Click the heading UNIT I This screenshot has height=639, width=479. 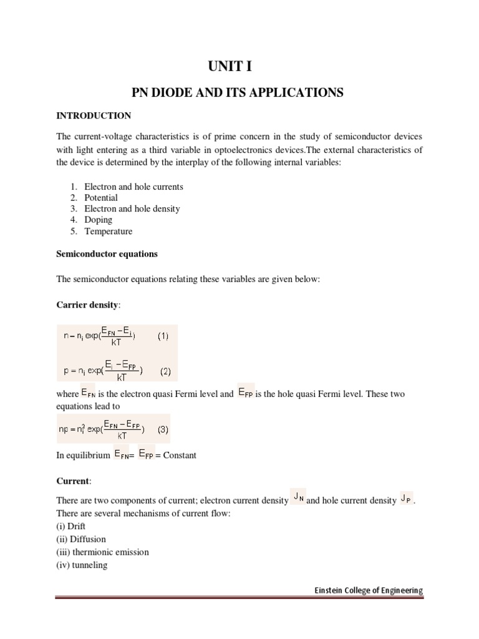click(239, 66)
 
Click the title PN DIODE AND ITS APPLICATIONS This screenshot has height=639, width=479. click(239, 92)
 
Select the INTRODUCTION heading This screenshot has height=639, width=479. click(94, 115)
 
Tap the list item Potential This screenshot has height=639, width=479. click(101, 198)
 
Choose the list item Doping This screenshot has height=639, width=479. click(99, 220)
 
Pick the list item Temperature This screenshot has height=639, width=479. click(109, 231)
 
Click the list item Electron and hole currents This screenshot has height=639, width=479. click(133, 187)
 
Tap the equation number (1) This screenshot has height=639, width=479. click(163, 336)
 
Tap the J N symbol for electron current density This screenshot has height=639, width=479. click(298, 498)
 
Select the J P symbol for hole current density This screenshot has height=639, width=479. click(406, 499)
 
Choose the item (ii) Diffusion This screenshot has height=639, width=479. click(81, 539)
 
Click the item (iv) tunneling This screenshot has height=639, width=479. click(82, 565)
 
